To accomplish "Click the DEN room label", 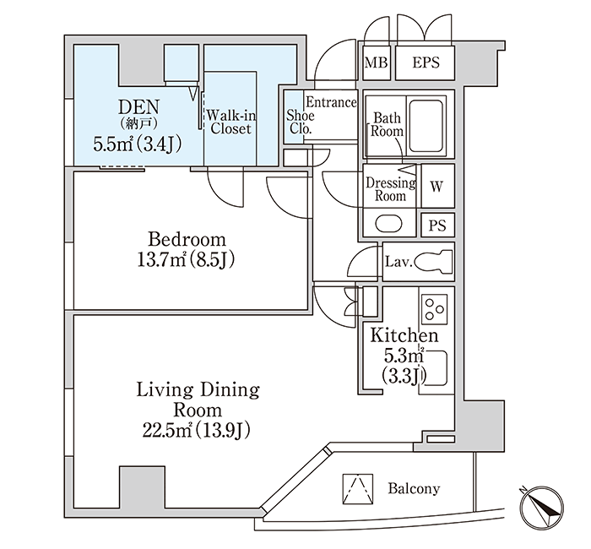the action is pos(139,107).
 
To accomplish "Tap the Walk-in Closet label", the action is pos(230,122).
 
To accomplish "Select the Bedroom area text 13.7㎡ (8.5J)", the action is pos(187,260).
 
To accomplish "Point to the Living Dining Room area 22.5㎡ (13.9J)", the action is pos(197,430).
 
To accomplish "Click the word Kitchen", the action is pos(404,335).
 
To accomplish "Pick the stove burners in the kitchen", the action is pos(434,309).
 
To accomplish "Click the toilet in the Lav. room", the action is pos(434,261).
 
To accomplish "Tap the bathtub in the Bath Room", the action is pos(426,126).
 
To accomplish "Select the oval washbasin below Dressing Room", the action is pos(389,224).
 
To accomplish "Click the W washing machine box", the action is pos(437,186).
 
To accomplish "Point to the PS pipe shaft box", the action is pos(437,226).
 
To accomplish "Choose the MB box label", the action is pos(377,63).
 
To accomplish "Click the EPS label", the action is pos(426,63).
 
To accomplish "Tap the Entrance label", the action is pos(331,102).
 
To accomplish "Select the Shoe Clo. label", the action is pos(300,122).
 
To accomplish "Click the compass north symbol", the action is pos(542,506).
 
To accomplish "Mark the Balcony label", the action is pos(414,489).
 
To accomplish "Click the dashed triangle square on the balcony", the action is pos(358,489).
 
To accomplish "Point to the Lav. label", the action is pos(399,261).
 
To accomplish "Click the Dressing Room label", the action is pos(391,189).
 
